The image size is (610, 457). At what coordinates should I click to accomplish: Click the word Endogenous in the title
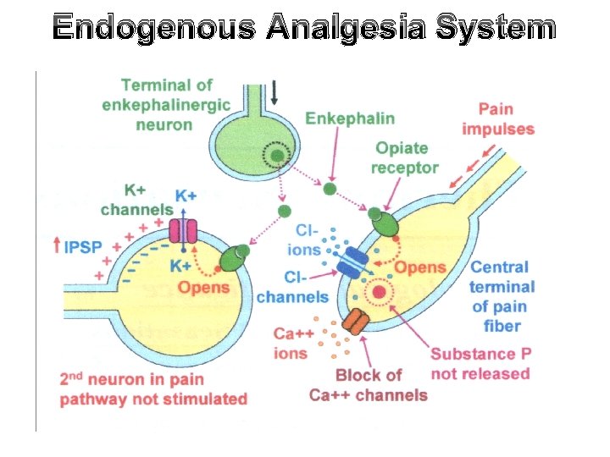149,29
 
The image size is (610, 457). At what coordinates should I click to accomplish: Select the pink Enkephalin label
350,118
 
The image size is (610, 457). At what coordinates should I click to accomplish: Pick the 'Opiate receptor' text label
404,157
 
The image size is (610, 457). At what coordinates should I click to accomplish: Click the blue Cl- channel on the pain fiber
351,262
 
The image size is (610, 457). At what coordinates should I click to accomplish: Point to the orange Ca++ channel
356,322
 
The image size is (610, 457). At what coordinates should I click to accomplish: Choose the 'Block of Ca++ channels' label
368,385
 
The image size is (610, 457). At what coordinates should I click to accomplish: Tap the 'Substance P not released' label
480,364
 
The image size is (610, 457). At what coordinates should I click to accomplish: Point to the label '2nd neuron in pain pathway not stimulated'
153,389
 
